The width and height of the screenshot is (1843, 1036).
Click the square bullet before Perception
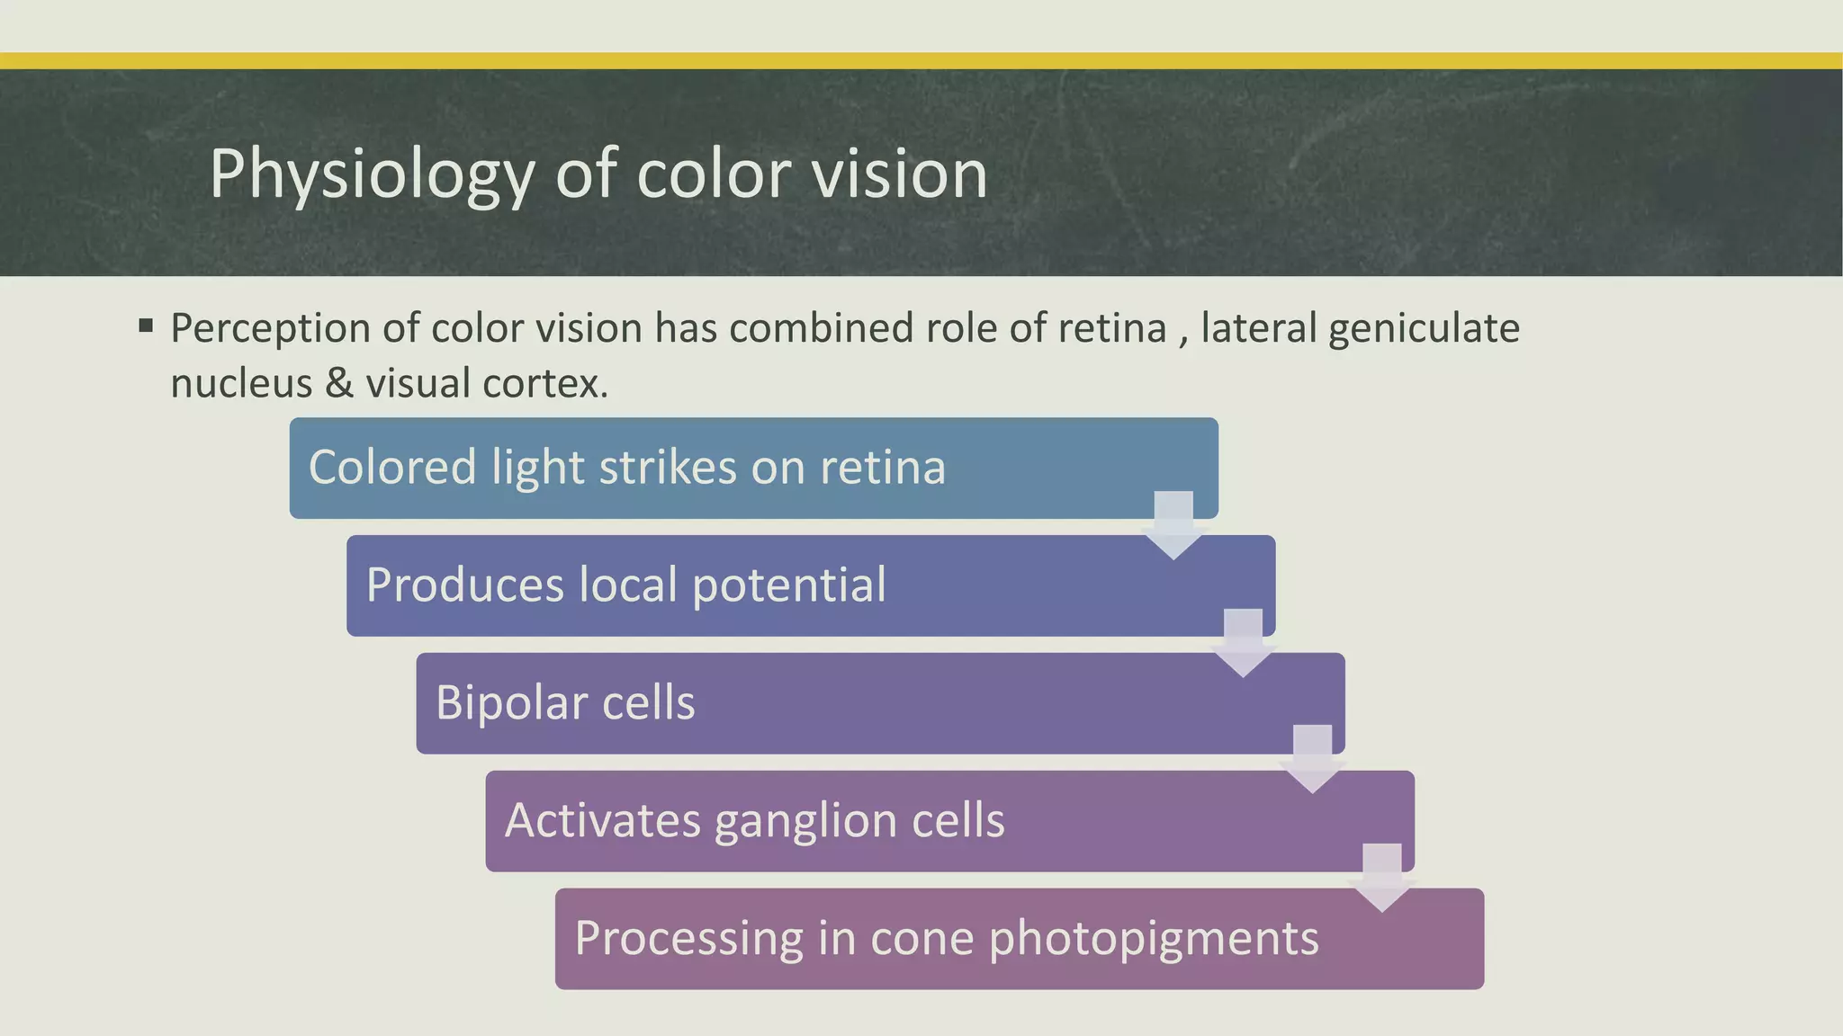point(146,325)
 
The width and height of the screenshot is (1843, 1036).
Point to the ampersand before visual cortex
point(339,383)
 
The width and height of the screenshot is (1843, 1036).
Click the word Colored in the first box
point(391,468)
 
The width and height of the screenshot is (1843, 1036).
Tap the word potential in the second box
point(788,585)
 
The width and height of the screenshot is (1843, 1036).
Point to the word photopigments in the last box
point(1154,939)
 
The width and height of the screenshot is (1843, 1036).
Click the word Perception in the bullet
point(270,328)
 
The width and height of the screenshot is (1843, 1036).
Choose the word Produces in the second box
point(464,585)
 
